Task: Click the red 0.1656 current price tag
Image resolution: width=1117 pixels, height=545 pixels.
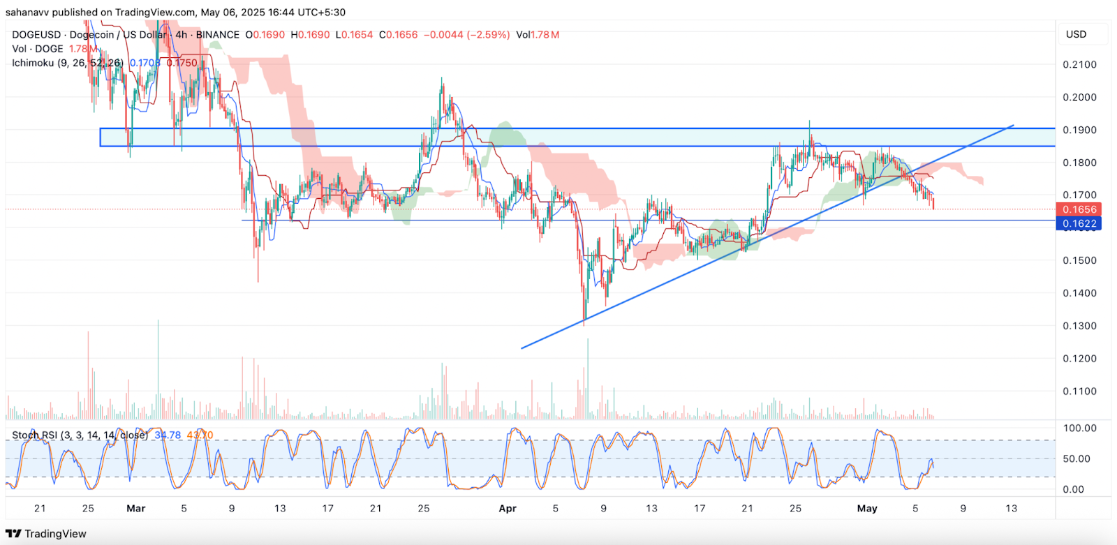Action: point(1079,209)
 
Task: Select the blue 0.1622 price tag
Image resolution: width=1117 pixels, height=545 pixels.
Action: point(1079,224)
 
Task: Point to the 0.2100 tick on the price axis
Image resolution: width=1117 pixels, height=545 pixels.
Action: point(1079,65)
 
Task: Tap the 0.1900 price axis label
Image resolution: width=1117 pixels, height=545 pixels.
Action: point(1079,130)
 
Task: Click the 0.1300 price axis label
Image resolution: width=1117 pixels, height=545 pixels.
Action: point(1079,326)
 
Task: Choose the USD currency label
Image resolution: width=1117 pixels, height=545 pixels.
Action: point(1076,34)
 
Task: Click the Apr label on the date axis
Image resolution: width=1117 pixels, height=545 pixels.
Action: point(508,509)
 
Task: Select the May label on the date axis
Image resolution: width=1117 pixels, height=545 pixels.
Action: point(867,509)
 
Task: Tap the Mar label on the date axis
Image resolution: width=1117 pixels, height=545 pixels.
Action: point(136,509)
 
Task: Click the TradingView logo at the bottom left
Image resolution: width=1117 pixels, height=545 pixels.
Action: point(46,534)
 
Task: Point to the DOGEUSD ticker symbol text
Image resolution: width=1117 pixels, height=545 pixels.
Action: point(36,35)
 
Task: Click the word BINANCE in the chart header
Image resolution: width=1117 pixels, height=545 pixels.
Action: point(217,35)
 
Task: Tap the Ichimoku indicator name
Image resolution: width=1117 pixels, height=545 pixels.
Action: point(33,63)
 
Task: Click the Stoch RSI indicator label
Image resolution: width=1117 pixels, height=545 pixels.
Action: point(35,435)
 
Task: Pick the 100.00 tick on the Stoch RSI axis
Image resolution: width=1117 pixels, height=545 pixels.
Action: point(1079,428)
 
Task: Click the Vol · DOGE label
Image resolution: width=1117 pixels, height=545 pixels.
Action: point(38,49)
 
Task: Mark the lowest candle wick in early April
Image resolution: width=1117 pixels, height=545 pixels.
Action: point(584,323)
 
